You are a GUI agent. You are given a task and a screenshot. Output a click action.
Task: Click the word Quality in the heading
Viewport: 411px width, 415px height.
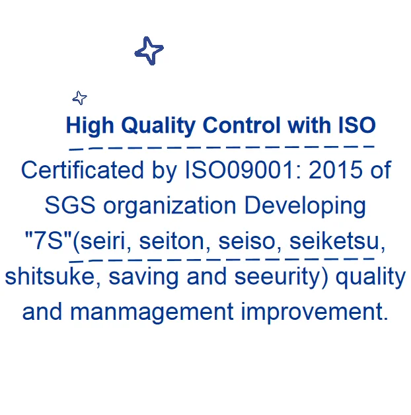coord(159,126)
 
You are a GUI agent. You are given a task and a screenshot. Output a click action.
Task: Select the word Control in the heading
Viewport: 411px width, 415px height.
coord(241,125)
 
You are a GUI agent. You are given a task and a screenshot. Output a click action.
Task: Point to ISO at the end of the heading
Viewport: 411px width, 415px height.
coord(357,125)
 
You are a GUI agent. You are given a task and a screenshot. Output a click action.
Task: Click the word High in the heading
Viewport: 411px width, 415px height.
coord(90,126)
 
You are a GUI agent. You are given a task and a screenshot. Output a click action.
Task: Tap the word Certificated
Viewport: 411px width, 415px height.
coord(83,170)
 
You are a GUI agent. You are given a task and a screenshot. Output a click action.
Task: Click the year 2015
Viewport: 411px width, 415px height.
coord(336,170)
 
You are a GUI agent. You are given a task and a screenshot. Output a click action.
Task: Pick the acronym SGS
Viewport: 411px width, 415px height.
coord(70,205)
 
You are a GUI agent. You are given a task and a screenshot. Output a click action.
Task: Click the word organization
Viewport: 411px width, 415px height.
coord(169,207)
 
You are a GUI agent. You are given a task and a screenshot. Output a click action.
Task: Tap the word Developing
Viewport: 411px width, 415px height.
coord(305,207)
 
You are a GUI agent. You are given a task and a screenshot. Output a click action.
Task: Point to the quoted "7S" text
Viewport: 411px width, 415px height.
coord(48,241)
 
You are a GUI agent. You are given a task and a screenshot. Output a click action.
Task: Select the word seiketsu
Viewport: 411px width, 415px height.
coord(334,241)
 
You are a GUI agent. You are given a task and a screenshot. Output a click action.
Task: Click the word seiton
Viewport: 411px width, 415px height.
coord(172,241)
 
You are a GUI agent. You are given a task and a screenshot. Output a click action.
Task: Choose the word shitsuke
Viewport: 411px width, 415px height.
coord(50,276)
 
